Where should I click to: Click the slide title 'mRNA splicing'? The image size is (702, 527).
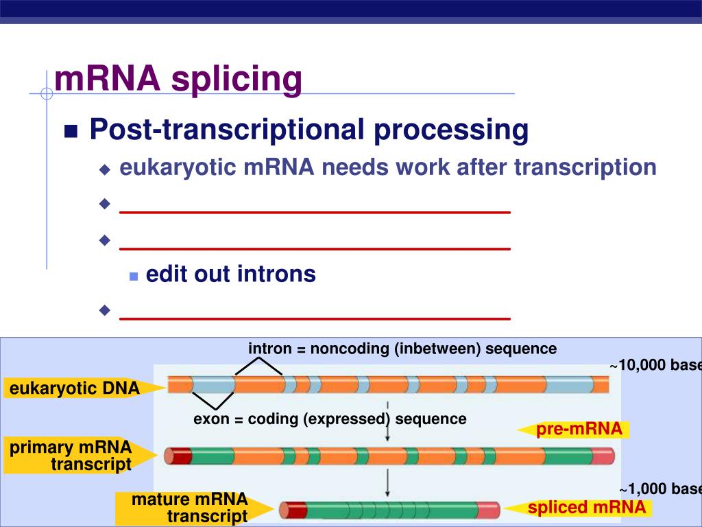click(178, 79)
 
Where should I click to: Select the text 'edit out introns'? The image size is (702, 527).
click(230, 274)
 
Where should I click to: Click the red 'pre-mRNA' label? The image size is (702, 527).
click(579, 430)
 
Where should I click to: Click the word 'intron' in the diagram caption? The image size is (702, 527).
click(269, 349)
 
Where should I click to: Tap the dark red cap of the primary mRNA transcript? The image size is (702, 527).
click(178, 455)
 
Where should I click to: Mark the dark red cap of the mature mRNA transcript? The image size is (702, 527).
click(293, 510)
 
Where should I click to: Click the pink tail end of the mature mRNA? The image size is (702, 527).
click(488, 510)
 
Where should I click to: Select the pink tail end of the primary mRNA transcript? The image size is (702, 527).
click(603, 455)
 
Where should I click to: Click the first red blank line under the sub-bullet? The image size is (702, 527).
click(315, 213)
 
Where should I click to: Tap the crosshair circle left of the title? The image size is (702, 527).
click(47, 93)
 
